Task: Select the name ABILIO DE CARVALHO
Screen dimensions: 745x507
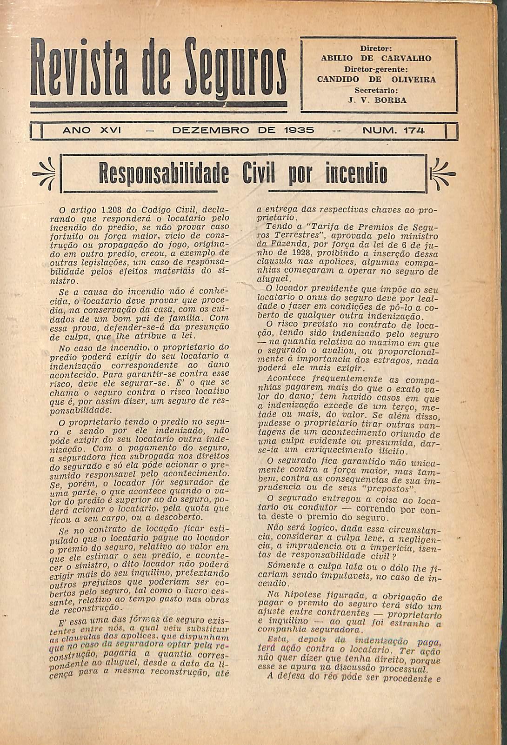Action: point(376,59)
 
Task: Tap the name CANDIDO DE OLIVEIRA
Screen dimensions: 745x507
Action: point(376,79)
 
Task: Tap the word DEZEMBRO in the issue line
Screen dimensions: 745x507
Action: point(207,131)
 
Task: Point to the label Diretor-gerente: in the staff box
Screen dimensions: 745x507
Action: point(376,69)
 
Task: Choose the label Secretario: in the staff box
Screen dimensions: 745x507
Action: point(376,90)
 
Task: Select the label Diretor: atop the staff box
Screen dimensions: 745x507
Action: point(376,48)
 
